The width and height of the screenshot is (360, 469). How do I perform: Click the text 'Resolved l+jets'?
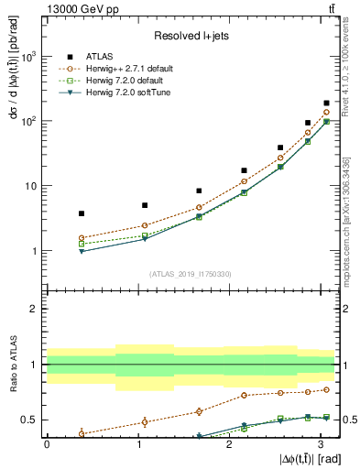point(191,36)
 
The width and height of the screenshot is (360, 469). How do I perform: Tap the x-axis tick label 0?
point(47,444)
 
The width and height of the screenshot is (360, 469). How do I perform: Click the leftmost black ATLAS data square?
point(82,213)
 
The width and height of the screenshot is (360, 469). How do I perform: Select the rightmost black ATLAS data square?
point(326,104)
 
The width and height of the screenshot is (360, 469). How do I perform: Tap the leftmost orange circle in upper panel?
point(82,238)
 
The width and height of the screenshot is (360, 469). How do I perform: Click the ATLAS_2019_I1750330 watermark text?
point(191,273)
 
